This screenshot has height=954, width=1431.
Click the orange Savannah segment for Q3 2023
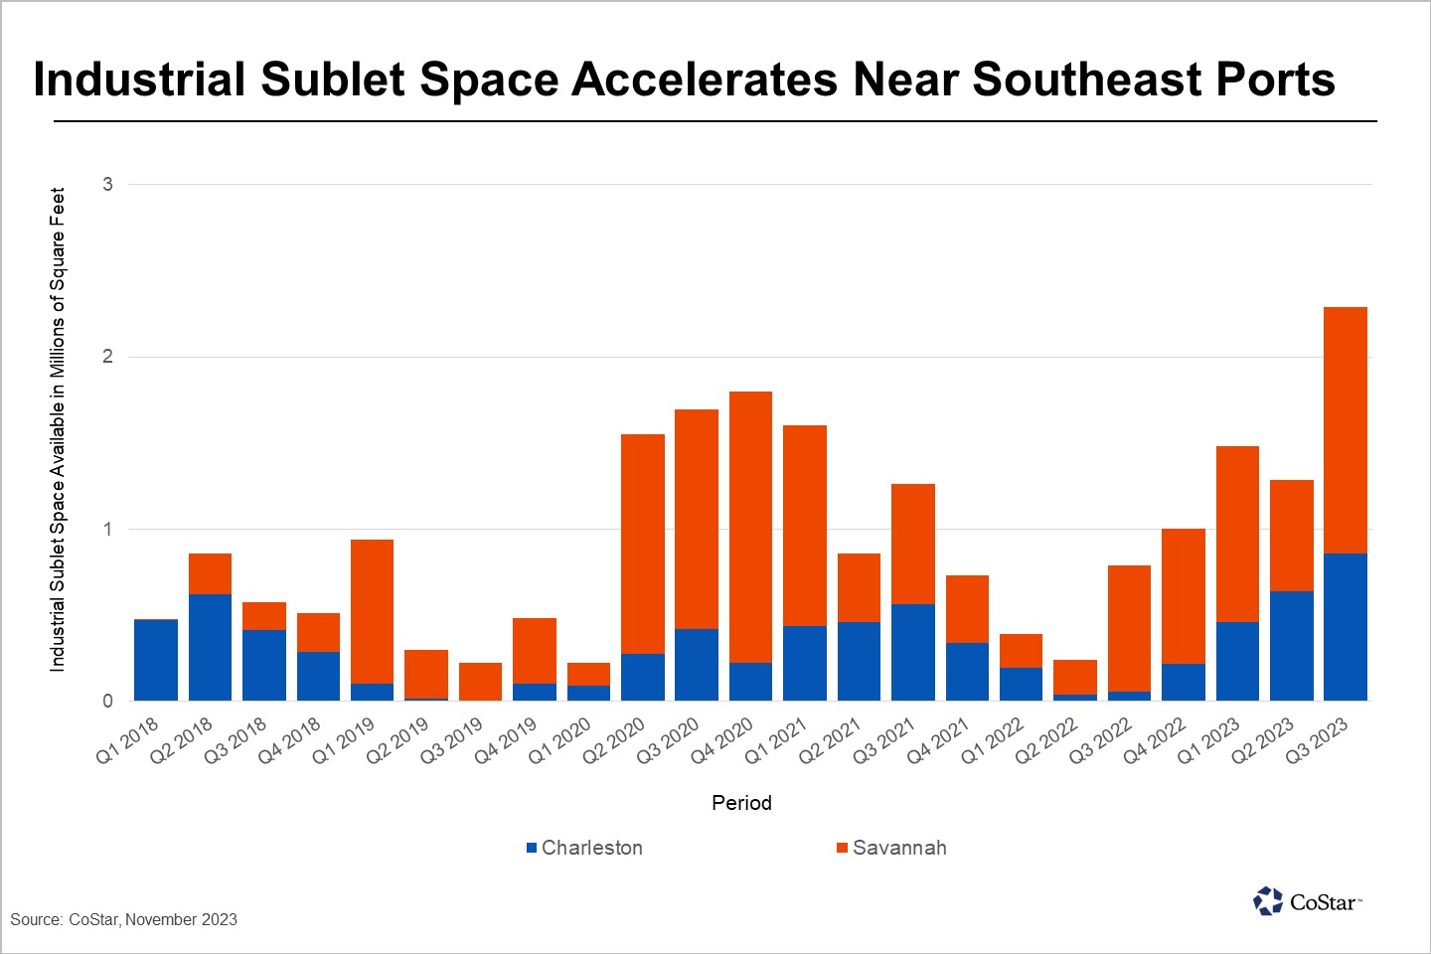pos(1346,429)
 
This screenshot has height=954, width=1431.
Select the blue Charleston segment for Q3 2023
pos(1346,627)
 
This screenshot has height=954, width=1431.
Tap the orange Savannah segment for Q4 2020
pos(750,527)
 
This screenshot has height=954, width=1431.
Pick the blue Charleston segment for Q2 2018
pos(210,647)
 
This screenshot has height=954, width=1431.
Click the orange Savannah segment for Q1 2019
pos(372,611)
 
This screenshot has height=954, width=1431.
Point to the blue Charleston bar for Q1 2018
pos(156,660)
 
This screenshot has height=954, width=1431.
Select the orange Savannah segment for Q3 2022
pos(1129,628)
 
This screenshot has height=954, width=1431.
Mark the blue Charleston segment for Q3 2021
pos(912,652)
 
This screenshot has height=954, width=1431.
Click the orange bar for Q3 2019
pos(480,682)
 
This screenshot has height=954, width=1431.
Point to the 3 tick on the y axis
pos(108,184)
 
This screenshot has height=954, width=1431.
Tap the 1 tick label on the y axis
pos(108,529)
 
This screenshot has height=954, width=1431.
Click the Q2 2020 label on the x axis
pos(614,741)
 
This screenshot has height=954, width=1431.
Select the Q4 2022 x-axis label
pos(1155,741)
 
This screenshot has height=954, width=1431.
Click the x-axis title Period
pos(741,803)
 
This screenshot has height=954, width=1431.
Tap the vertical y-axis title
pos(58,429)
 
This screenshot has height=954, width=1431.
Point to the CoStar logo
pos(1307,901)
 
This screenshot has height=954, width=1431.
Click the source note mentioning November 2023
pos(124,919)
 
